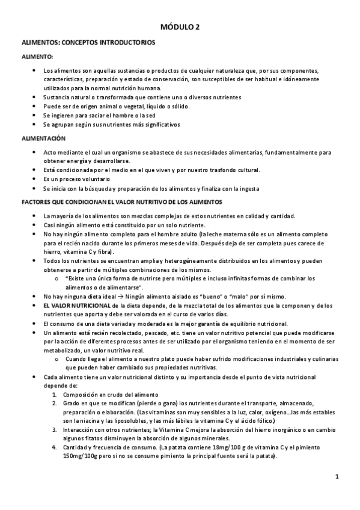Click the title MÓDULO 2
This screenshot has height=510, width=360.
pos(180,27)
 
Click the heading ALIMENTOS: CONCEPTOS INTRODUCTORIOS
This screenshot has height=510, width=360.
pos(88,43)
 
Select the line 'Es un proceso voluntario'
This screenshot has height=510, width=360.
pos(76,179)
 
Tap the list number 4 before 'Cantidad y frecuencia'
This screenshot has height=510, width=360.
pos(54,447)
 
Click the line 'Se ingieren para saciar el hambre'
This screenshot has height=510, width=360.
pos(99,115)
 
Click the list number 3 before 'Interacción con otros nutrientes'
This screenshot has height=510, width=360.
pos(54,429)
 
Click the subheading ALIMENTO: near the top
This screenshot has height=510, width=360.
pos(37,57)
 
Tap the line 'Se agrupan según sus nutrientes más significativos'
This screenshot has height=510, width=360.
pos(111,124)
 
